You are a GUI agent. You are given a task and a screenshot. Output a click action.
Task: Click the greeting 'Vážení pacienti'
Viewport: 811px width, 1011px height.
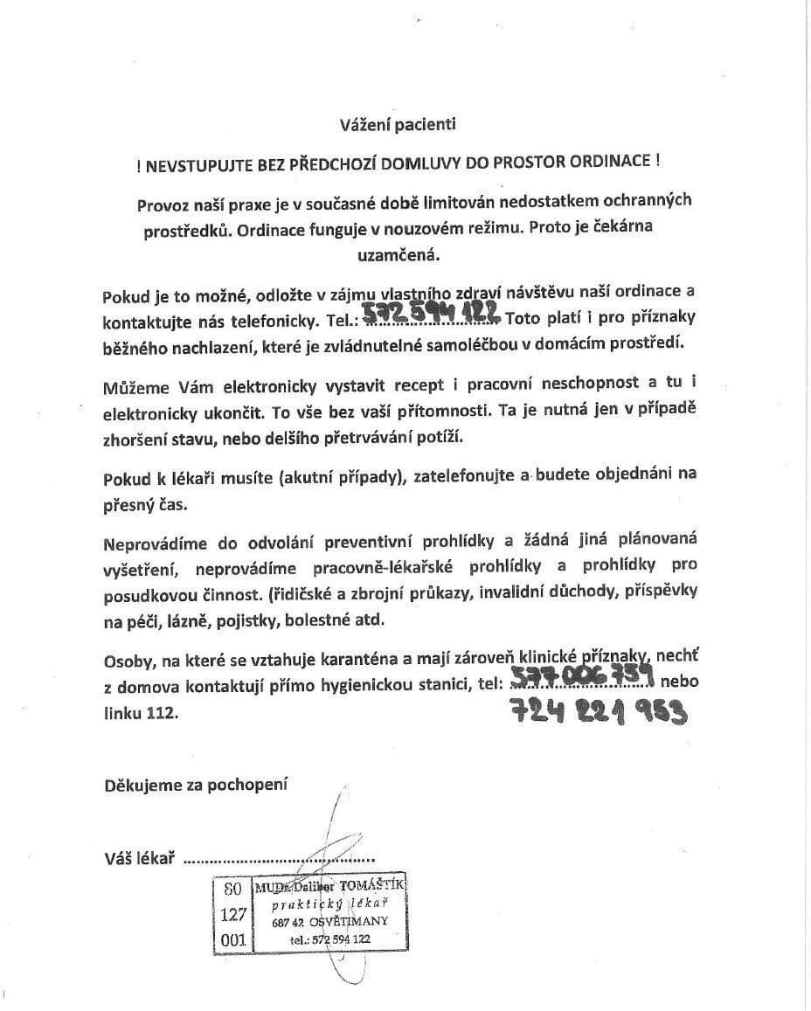point(398,124)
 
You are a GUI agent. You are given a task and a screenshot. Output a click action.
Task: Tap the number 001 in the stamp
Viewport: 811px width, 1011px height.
point(232,941)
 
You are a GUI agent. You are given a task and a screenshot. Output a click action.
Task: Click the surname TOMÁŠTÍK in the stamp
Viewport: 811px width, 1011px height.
point(372,887)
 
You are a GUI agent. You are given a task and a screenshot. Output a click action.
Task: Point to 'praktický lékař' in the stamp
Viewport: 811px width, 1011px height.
point(329,904)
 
